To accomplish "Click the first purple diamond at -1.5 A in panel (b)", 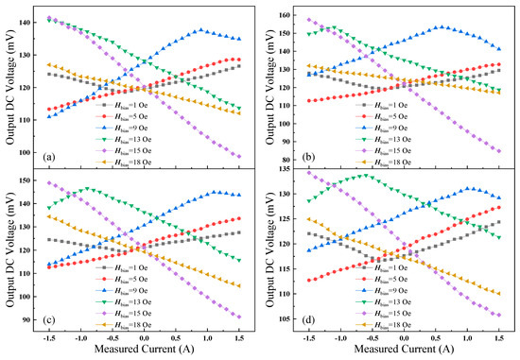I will point(308,19).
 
